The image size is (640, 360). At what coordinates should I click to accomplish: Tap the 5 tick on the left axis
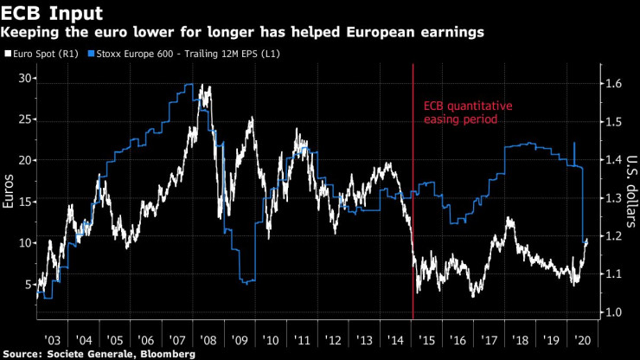[28, 284]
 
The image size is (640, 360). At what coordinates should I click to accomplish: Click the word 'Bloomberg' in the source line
[170, 354]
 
